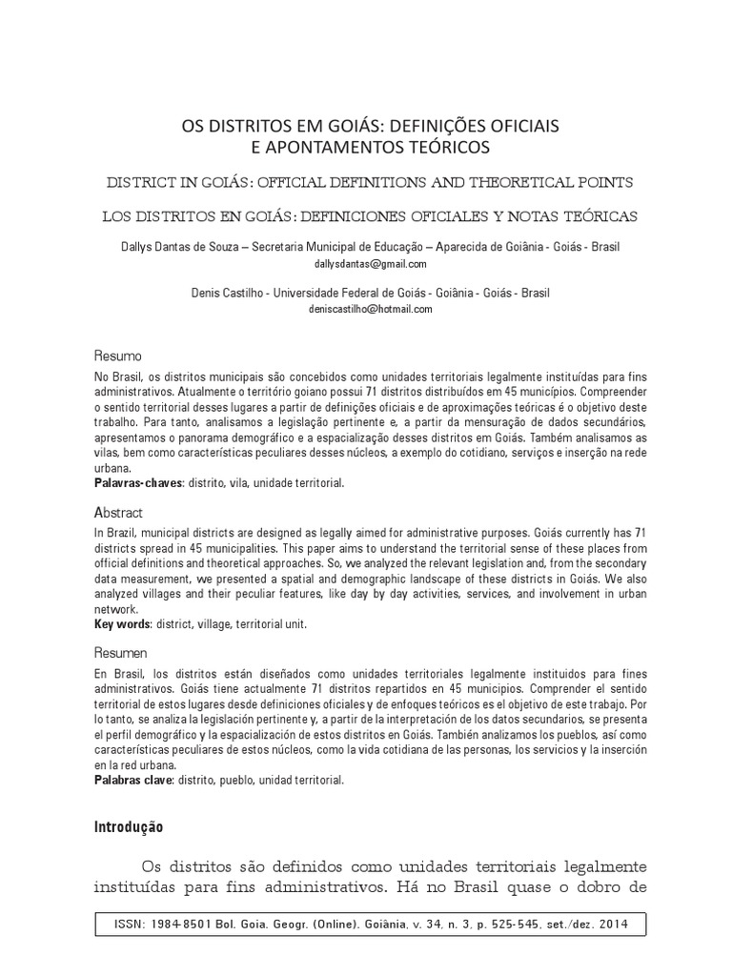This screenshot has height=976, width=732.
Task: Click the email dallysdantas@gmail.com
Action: [x=370, y=264]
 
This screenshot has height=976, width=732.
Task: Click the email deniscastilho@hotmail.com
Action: [x=371, y=310]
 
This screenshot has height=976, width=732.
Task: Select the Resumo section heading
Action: [x=117, y=356]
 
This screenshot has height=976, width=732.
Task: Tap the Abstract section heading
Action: [x=118, y=513]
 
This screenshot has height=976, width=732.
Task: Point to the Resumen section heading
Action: [x=120, y=654]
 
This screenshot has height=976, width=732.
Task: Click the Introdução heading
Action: [x=129, y=827]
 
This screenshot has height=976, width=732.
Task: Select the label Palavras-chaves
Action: [x=137, y=483]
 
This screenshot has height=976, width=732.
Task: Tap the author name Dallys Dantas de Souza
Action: [x=181, y=247]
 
